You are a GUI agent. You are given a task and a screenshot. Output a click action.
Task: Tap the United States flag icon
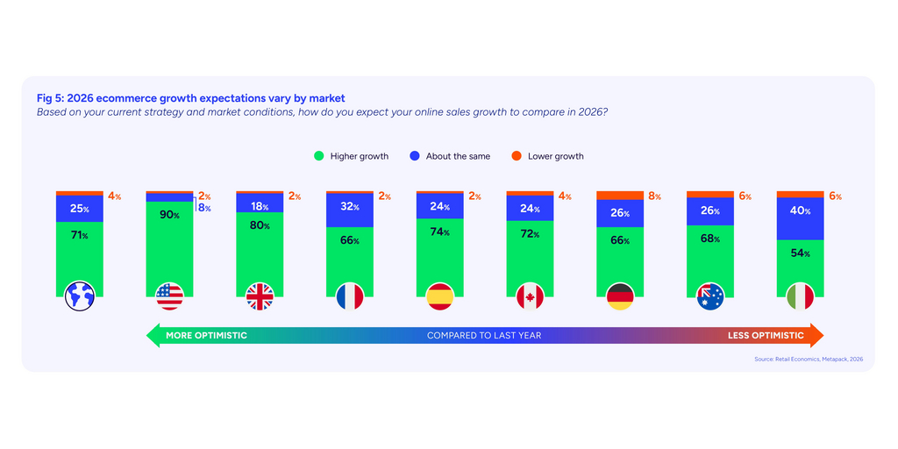(169, 296)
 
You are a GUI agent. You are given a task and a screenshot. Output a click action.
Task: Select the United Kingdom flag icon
(260, 296)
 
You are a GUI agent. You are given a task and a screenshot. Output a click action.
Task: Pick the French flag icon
(349, 296)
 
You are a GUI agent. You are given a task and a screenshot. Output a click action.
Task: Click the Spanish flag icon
(439, 296)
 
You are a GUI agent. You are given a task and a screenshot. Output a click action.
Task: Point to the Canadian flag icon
(530, 296)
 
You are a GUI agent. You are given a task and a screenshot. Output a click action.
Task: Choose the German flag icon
(620, 296)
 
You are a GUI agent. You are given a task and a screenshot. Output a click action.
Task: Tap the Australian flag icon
(709, 296)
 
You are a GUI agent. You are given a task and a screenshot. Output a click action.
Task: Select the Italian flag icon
(800, 296)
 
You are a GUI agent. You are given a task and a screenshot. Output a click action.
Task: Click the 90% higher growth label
(169, 216)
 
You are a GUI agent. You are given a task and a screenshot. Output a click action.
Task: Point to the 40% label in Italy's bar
(800, 211)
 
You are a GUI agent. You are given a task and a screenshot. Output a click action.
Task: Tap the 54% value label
(800, 253)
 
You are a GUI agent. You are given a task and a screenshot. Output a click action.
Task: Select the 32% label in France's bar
(349, 208)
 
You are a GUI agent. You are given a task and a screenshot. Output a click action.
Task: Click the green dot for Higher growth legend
(319, 156)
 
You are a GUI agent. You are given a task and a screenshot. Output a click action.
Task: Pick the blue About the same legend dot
(415, 156)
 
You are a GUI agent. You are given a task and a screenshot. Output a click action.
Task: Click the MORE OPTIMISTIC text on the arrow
(207, 335)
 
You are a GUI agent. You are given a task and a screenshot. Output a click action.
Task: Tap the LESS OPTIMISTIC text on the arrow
(765, 335)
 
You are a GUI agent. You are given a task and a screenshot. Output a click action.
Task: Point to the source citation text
(809, 360)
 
